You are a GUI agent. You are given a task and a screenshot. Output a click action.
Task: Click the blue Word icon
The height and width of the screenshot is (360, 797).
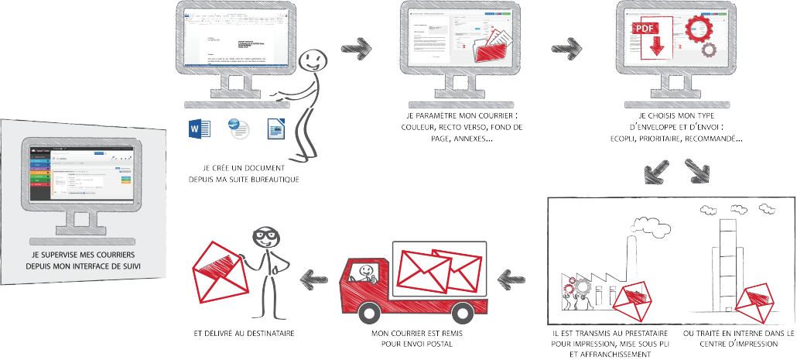point(195,129)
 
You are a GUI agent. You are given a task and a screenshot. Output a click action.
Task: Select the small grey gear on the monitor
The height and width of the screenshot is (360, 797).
point(709,51)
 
